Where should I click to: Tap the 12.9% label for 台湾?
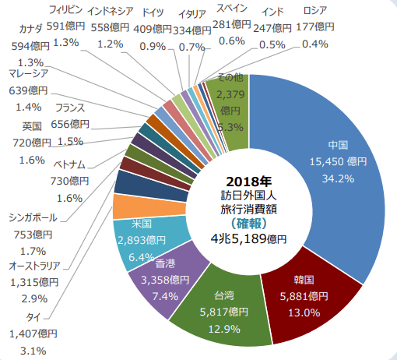pos(229,327)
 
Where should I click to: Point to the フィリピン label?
pos(67,10)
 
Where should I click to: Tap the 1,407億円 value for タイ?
pos(30,333)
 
